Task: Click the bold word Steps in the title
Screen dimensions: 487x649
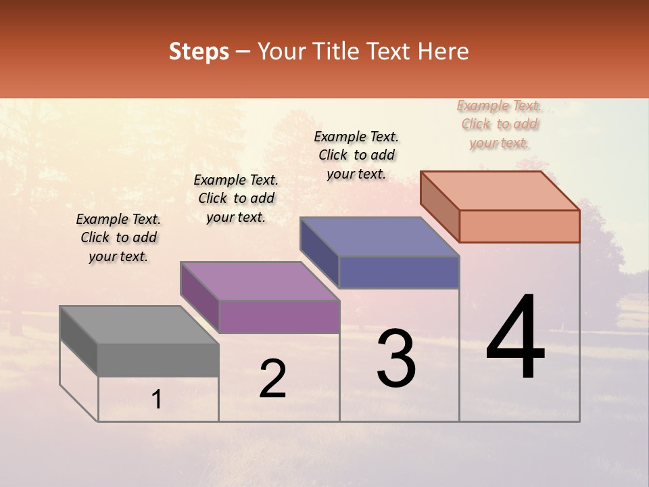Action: coord(199,51)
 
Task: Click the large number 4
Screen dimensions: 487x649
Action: coord(515,338)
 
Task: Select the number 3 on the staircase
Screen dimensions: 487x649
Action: coord(396,358)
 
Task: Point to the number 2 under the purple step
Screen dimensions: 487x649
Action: coord(273,379)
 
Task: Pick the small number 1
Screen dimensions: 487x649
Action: coord(157,399)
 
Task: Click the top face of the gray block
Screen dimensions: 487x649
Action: coord(139,324)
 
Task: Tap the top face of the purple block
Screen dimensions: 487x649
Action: coord(260,281)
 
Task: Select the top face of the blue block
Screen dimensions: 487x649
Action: coord(379,237)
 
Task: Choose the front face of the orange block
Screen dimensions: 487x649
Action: coord(519,226)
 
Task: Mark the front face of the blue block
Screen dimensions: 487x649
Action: coord(399,273)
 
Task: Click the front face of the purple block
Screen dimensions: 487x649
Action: coord(279,317)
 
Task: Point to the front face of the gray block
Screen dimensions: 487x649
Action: coord(158,360)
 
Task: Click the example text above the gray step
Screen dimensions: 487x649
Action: coord(118,237)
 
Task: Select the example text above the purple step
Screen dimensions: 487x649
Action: coord(236,198)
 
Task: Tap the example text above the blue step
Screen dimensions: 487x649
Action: coord(356,155)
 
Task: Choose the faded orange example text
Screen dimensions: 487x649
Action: coord(499,124)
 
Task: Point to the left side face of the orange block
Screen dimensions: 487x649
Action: coord(439,206)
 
